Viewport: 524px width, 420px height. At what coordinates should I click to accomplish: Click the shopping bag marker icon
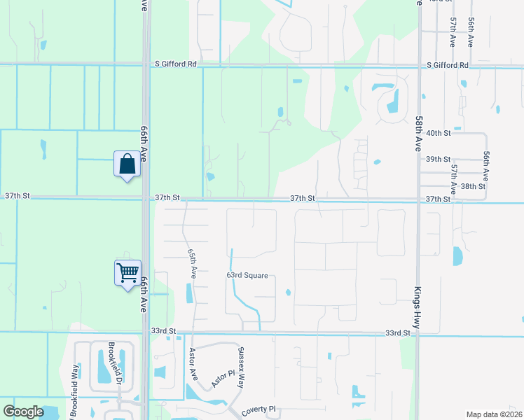tap(127, 164)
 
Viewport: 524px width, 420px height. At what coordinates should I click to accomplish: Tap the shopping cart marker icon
tap(128, 272)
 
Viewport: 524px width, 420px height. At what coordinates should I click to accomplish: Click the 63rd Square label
tap(247, 276)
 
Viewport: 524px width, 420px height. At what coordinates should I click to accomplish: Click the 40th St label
tap(438, 133)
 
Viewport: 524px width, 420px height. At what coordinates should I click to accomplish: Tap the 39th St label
tap(438, 159)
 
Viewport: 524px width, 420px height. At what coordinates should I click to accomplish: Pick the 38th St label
tap(473, 186)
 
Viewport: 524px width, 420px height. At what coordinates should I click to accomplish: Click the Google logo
tap(23, 412)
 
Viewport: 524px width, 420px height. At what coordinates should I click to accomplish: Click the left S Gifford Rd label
tap(175, 64)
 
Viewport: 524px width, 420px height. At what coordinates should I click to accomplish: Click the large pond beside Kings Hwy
tap(458, 256)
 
